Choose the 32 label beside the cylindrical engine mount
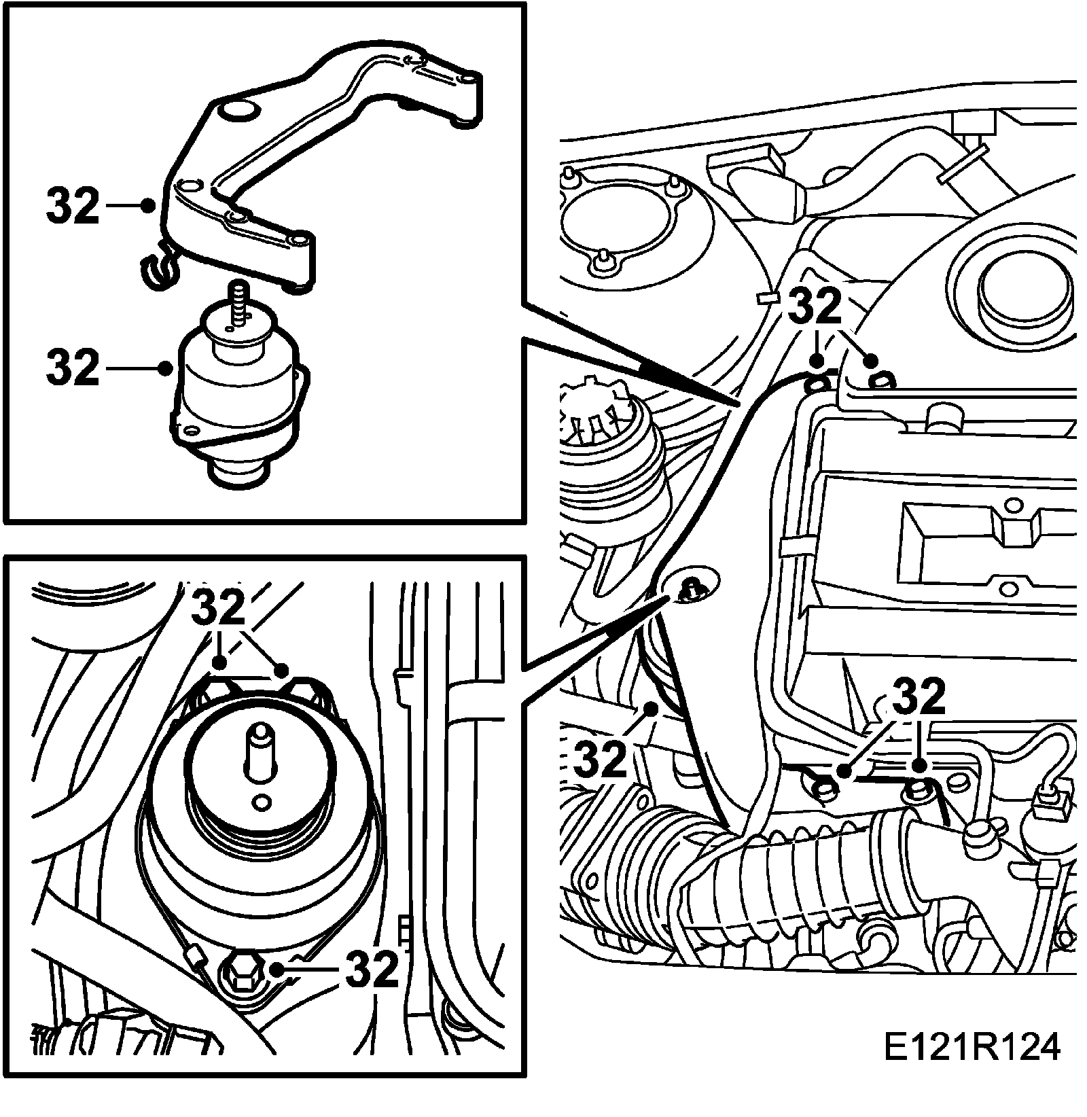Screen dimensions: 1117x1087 click(73, 368)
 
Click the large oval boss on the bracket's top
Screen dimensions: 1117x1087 click(236, 109)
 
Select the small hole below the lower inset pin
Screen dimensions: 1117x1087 click(259, 803)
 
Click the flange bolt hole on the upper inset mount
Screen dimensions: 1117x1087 click(190, 429)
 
